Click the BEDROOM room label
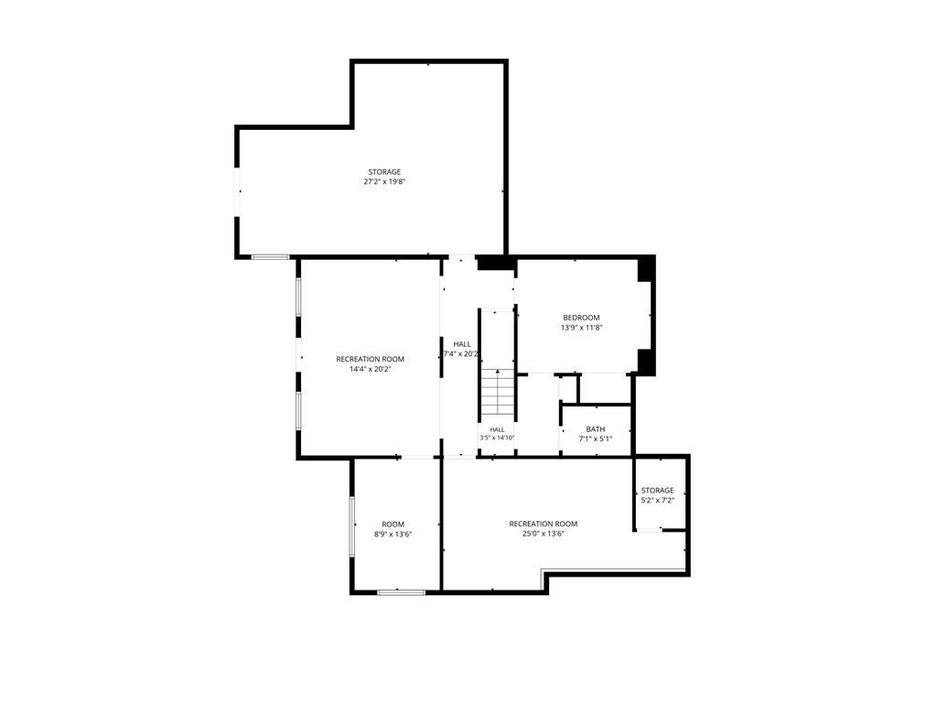[581, 318]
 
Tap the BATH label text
[595, 429]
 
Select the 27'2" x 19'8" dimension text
[384, 182]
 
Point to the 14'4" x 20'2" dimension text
[370, 369]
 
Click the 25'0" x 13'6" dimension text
[544, 534]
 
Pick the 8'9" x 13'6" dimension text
[393, 535]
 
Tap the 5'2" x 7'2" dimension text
[657, 501]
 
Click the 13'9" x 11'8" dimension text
[581, 328]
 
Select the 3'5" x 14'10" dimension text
[497, 438]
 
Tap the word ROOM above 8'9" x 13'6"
[393, 525]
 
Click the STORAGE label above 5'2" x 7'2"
[657, 491]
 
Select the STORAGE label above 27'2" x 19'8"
[384, 171]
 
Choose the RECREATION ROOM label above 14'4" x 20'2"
[370, 359]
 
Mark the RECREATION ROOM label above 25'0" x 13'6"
[544, 524]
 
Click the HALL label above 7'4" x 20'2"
[462, 344]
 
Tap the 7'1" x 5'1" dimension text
[595, 438]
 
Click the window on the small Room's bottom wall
[401, 592]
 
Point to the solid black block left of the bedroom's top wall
[495, 263]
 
